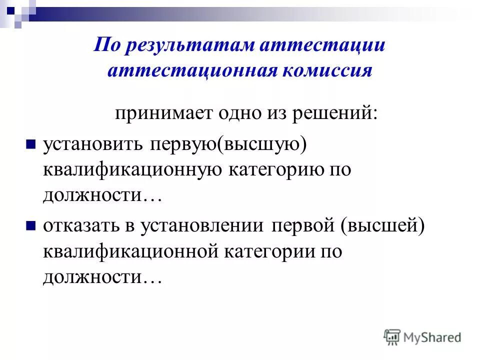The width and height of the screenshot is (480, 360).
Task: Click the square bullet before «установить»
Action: click(30, 144)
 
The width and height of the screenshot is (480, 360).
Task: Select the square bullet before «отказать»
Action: click(30, 226)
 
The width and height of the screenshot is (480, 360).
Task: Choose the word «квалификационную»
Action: click(133, 170)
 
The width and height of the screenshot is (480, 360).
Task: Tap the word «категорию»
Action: click(276, 170)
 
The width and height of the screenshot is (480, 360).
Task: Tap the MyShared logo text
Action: click(432, 337)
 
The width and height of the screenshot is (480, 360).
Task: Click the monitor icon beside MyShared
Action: click(392, 337)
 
